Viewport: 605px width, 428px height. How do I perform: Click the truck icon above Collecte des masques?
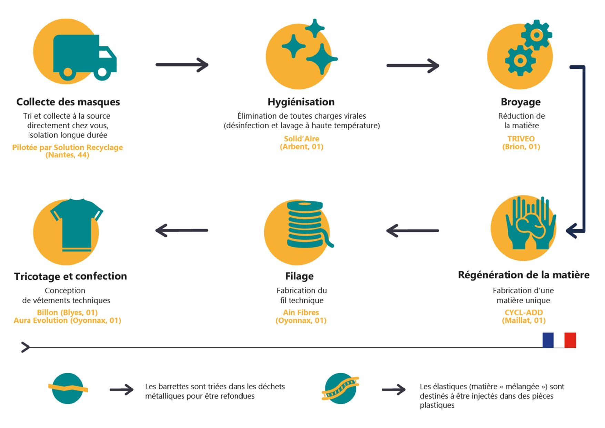85,57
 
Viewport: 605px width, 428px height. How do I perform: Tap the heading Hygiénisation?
301,102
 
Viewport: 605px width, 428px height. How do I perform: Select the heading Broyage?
521,102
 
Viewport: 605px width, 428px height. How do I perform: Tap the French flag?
559,340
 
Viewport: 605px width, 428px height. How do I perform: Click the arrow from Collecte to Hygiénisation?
182,65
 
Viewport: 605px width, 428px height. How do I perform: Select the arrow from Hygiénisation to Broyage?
413,66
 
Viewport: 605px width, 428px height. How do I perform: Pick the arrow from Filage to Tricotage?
182,230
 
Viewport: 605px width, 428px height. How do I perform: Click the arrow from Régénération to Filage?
413,231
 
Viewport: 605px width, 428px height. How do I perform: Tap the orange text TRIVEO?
521,139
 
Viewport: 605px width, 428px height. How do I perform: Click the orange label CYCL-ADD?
524,312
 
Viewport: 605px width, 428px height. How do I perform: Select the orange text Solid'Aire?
302,139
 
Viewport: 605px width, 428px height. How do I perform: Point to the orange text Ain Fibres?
301,312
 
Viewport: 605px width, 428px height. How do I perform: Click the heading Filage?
299,276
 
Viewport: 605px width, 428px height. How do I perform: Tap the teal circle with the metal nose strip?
68,388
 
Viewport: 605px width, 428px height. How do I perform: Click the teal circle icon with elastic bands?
341,388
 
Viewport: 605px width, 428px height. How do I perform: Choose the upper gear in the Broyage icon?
536,35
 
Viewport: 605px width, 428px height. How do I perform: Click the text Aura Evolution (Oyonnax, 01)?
68,320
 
